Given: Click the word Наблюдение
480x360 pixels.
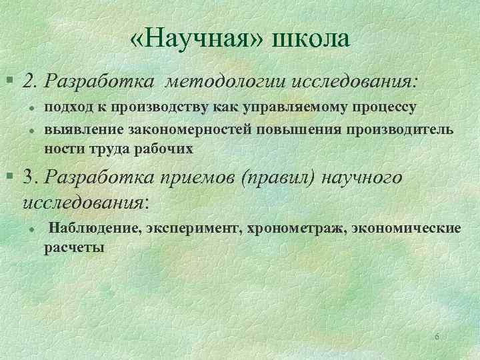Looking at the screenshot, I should click(x=94, y=229).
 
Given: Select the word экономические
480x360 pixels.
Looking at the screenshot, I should click(x=404, y=229).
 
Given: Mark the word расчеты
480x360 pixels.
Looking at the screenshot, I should click(x=74, y=248).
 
